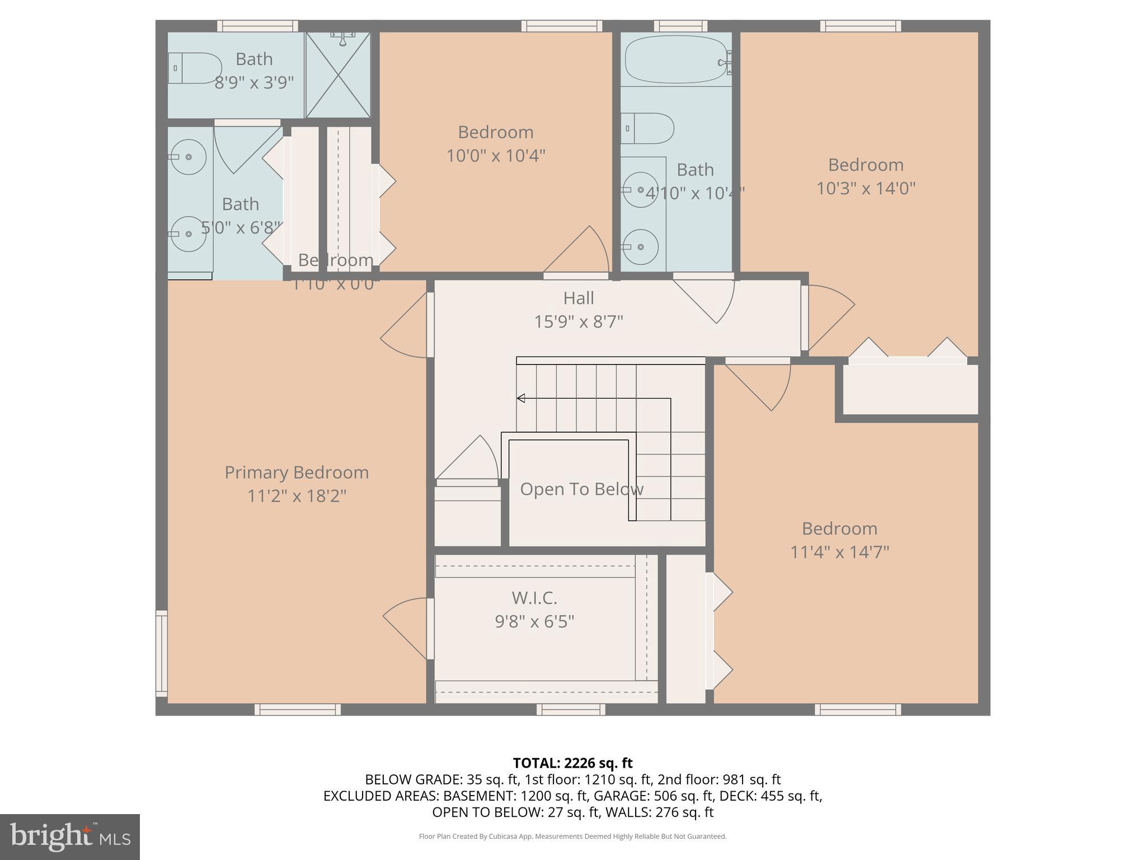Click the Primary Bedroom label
point(297,473)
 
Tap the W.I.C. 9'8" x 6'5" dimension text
point(534,621)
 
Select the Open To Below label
point(581,489)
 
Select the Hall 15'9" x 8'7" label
point(579,310)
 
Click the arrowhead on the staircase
point(521,398)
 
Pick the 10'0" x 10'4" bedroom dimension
point(495,156)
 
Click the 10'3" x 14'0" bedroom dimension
point(866,188)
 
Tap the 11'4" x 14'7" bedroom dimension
point(839,552)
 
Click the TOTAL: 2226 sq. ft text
point(572,763)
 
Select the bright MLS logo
point(70,836)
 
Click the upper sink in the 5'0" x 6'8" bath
point(189,157)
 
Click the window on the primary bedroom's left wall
point(161,653)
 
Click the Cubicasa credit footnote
point(572,836)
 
